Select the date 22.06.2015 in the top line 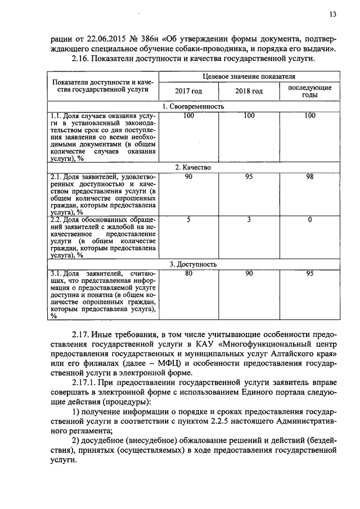(104, 39)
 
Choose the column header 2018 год (249, 91)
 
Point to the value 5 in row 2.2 (188, 220)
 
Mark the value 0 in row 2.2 (309, 220)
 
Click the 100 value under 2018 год (249, 116)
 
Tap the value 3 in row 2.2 (249, 220)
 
